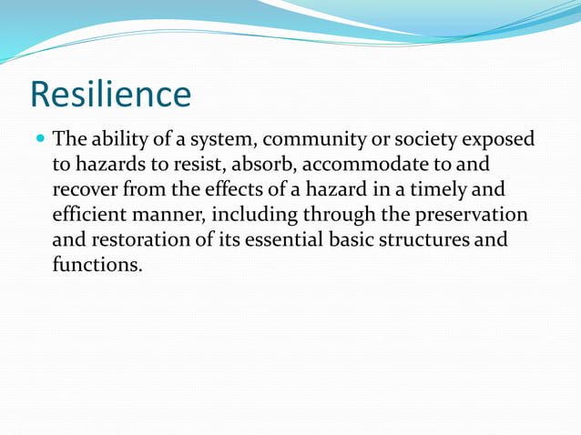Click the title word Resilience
click(x=110, y=95)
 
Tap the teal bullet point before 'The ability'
click(x=39, y=140)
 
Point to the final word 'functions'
click(x=97, y=266)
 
